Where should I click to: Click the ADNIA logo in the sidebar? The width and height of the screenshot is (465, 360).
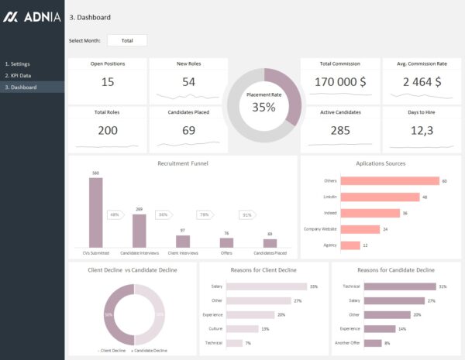click(x=33, y=16)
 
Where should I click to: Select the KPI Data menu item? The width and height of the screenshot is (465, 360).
click(x=19, y=75)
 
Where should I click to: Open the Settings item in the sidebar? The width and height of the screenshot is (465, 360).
click(x=18, y=63)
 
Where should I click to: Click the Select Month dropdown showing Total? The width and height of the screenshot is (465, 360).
click(x=126, y=40)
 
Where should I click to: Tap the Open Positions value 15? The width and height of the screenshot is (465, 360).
click(x=108, y=82)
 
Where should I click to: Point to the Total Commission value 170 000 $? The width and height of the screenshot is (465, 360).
click(x=340, y=82)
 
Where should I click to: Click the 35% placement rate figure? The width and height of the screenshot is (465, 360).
click(x=263, y=108)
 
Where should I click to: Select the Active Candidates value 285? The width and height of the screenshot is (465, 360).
click(x=340, y=130)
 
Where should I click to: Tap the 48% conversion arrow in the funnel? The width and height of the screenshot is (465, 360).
click(x=115, y=214)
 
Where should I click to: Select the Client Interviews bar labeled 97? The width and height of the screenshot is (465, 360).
click(x=183, y=242)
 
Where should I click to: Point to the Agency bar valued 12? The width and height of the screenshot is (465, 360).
click(x=350, y=245)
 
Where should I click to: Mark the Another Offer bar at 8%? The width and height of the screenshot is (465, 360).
click(x=372, y=342)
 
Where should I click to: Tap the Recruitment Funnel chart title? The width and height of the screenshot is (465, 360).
click(x=183, y=163)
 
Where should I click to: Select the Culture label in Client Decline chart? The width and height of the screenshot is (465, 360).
click(x=216, y=328)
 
